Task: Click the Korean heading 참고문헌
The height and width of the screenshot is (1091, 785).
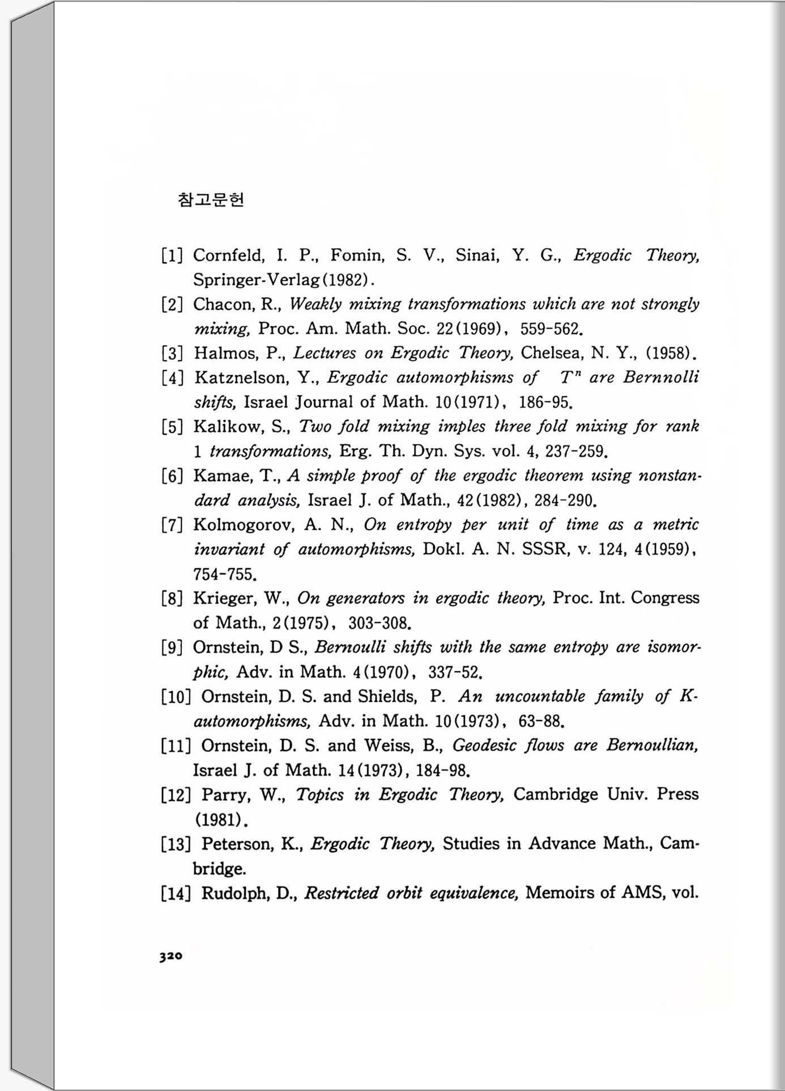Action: pos(211,200)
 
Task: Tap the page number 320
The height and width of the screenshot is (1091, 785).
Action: pos(170,956)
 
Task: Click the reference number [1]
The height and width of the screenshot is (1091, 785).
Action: pos(172,255)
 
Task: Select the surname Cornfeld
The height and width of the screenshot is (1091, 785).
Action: pos(228,255)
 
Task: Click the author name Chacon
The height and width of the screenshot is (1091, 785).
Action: pos(222,305)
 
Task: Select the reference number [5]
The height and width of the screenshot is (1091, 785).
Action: pos(172,427)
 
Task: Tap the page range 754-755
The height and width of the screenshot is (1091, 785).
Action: pos(225,574)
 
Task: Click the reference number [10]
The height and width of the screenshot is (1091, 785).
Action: pos(176,697)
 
